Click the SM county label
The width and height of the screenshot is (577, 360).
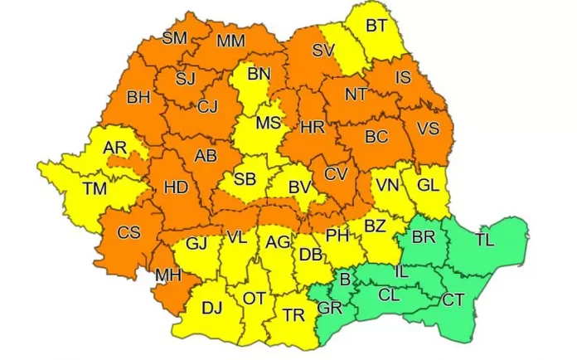[174, 38]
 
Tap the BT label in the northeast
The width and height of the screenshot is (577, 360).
[376, 26]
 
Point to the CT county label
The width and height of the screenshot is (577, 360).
[453, 299]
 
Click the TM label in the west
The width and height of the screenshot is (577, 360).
[95, 188]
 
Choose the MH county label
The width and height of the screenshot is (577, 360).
[169, 274]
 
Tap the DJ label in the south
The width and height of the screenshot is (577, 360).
[212, 309]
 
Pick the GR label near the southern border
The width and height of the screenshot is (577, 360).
[329, 309]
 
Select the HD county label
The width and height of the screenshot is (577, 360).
[176, 187]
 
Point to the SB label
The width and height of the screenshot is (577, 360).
[245, 179]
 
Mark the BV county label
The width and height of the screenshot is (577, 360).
[299, 187]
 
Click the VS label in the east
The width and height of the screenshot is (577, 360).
[428, 129]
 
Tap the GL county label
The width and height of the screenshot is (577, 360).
[428, 186]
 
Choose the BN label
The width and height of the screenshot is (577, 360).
[259, 75]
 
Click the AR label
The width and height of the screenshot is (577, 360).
[114, 148]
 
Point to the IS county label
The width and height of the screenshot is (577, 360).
[404, 78]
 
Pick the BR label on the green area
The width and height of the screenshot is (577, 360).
[423, 237]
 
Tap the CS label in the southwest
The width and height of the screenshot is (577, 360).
[128, 232]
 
